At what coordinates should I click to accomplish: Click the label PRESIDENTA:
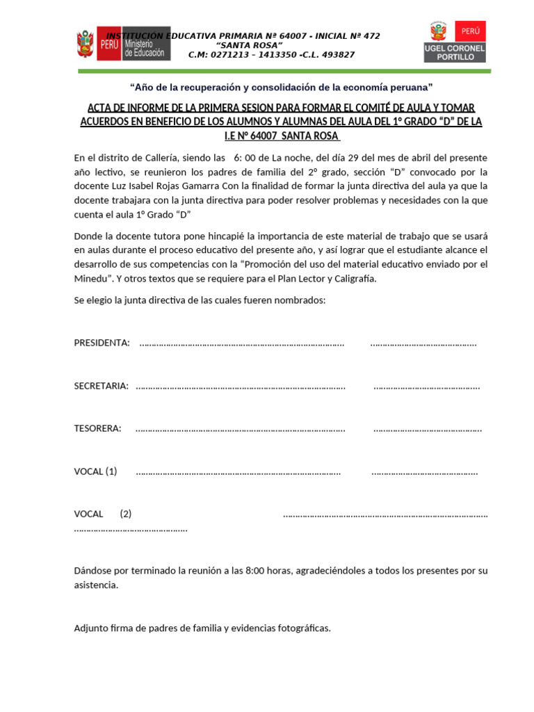102,343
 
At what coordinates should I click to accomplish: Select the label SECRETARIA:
102,386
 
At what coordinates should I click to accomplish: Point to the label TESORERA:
98,428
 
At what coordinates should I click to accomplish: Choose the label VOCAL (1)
96,471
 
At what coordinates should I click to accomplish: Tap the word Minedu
91,278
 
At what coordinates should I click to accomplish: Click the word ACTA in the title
99,108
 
